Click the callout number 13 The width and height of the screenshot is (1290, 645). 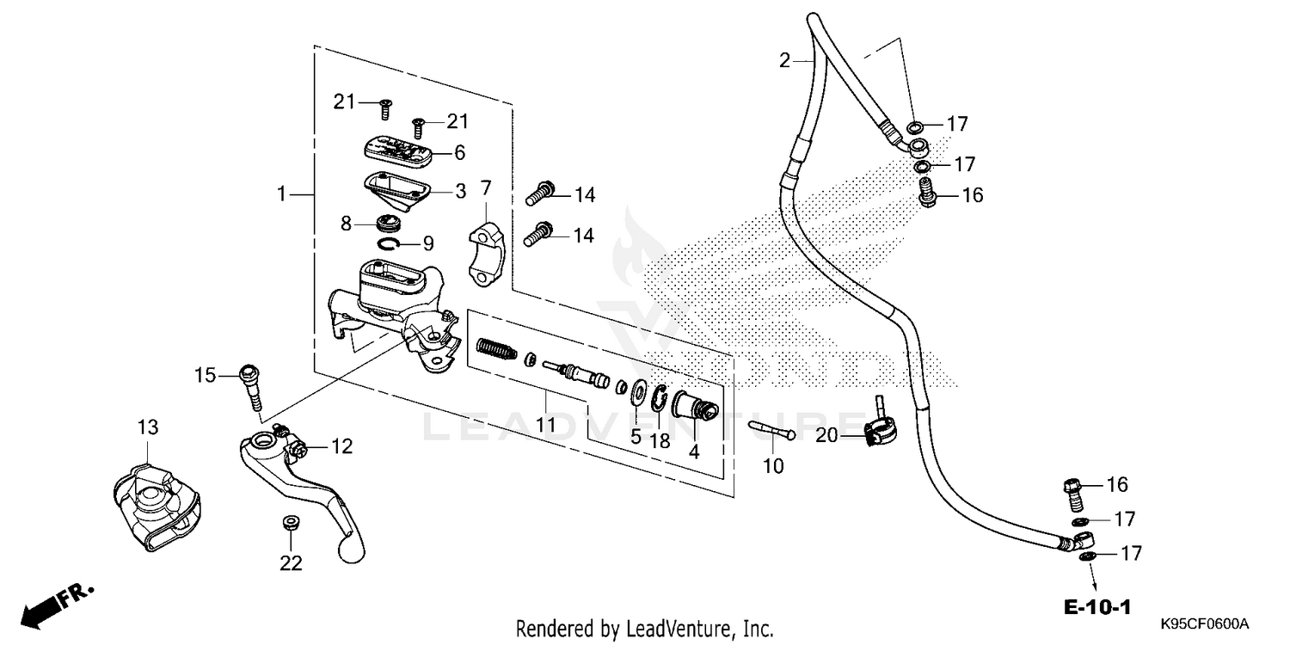click(148, 427)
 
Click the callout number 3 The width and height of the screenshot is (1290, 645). click(460, 190)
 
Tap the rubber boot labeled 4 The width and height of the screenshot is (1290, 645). click(692, 406)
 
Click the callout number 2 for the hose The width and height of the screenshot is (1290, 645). click(783, 60)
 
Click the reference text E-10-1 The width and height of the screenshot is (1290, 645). click(1096, 608)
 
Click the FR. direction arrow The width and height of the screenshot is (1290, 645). click(56, 603)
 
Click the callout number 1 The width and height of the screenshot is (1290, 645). click(280, 194)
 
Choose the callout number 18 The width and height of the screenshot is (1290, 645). click(660, 440)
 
